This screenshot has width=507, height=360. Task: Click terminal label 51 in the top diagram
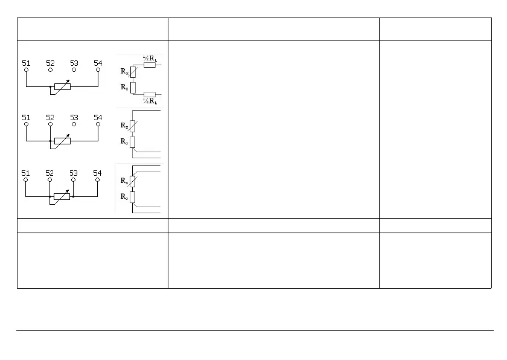pos(26,62)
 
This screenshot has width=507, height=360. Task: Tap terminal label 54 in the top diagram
pos(98,62)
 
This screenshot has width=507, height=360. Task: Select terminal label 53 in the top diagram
pos(74,62)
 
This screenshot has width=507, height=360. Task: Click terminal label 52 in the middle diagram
pos(50,117)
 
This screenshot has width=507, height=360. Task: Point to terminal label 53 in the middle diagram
pos(74,117)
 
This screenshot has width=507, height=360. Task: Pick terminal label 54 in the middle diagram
pos(98,117)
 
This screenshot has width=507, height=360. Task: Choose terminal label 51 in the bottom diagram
pos(26,173)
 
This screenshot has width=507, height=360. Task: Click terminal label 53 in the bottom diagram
pos(74,173)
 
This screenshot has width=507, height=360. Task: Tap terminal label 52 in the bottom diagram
pos(50,173)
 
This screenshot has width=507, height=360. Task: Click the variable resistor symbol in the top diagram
pos(62,86)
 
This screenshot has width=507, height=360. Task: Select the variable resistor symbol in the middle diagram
pos(62,141)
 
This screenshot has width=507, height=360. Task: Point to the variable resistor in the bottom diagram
pos(62,196)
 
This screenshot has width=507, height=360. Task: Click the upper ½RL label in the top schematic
pos(150,58)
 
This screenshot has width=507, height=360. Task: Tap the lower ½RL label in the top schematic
pos(150,100)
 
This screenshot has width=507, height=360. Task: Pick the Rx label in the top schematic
pos(124,71)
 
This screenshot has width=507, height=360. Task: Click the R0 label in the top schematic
pos(124,87)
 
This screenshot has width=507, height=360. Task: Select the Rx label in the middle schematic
pos(124,126)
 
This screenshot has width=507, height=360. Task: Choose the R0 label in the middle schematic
pos(124,141)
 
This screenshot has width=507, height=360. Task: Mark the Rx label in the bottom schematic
pos(124,181)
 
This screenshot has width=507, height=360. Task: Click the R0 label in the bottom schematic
pos(124,196)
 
